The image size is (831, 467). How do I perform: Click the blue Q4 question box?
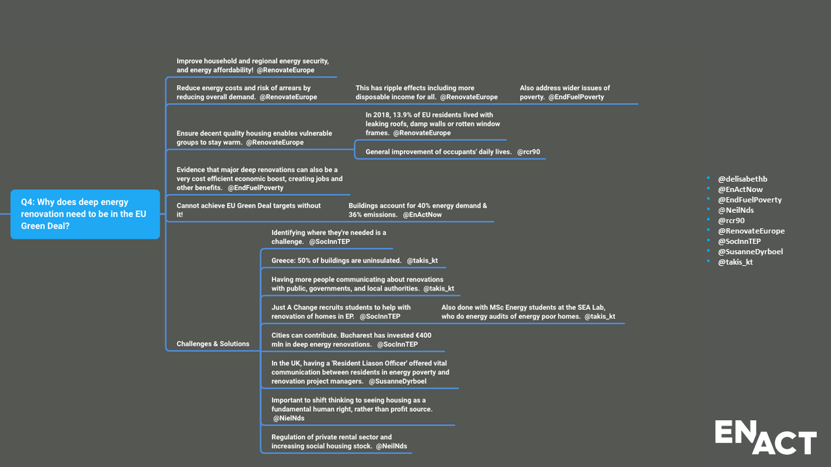[x=85, y=214]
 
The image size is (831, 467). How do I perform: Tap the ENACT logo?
[x=765, y=437]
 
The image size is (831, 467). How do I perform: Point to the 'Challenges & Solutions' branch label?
[x=213, y=344]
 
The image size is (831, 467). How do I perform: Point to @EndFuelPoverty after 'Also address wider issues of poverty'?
[x=576, y=97]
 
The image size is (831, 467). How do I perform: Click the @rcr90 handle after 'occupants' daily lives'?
[x=528, y=152]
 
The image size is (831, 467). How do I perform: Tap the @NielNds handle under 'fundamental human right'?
[x=289, y=418]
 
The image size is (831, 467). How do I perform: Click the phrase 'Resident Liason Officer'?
[x=369, y=363]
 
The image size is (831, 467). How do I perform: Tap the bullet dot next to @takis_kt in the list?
[x=708, y=261]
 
